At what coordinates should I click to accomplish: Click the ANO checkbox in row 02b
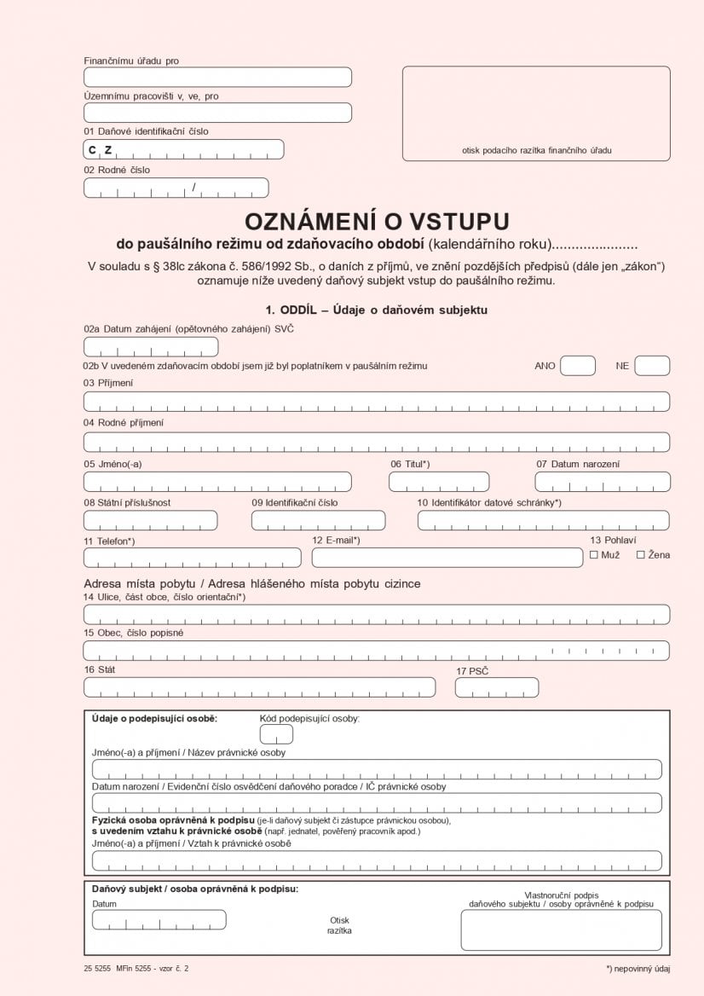(577, 366)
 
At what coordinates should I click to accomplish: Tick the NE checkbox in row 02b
(652, 366)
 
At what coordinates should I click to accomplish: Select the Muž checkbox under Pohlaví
(594, 555)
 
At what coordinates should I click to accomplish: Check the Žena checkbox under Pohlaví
(641, 555)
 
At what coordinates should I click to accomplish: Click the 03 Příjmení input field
(376, 402)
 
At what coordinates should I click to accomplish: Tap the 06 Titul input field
(439, 482)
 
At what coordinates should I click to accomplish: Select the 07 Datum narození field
(602, 482)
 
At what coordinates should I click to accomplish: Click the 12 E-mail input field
(447, 558)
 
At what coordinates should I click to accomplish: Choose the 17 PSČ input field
(496, 687)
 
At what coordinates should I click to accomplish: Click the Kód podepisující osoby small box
(276, 734)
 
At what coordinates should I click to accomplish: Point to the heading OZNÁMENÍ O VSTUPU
(377, 222)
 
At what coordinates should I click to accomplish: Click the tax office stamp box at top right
(536, 113)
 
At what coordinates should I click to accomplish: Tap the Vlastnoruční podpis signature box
(561, 929)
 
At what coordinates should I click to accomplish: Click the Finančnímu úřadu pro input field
(217, 78)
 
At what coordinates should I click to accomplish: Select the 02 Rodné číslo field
(176, 188)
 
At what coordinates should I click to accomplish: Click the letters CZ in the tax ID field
(100, 150)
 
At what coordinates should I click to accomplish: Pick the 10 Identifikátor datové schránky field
(543, 520)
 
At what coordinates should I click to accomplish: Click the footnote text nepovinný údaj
(640, 969)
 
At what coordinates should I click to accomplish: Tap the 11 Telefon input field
(192, 558)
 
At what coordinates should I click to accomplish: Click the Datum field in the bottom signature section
(159, 919)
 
